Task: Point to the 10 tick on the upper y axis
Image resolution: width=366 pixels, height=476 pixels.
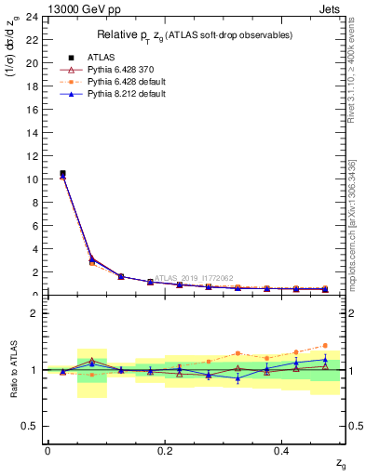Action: click(x=32, y=178)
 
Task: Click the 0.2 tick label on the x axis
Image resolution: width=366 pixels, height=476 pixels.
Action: click(x=165, y=451)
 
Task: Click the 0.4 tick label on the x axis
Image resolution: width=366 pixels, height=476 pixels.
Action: click(x=282, y=451)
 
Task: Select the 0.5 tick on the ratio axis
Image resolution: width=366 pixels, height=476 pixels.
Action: click(x=33, y=426)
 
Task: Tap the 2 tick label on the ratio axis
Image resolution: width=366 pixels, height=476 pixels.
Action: click(x=34, y=313)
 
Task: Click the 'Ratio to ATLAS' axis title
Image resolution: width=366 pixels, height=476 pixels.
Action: click(x=14, y=370)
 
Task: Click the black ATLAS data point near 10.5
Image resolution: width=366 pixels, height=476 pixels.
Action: click(x=62, y=173)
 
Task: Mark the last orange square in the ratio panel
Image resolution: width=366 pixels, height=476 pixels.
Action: click(x=325, y=345)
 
